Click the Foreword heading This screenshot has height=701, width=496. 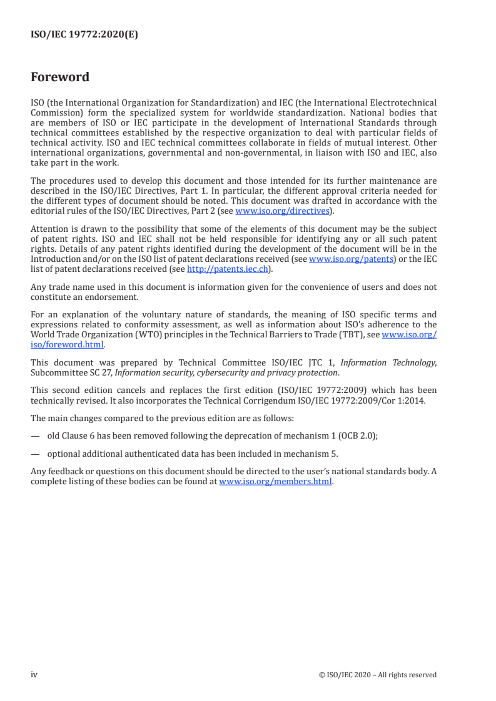pyautogui.click(x=60, y=77)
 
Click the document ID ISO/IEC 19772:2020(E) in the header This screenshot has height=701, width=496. pyautogui.click(x=84, y=35)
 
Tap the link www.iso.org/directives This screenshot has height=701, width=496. pyautogui.click(x=282, y=211)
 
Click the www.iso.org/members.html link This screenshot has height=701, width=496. pyautogui.click(x=276, y=481)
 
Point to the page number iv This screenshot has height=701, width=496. pyautogui.click(x=34, y=675)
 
